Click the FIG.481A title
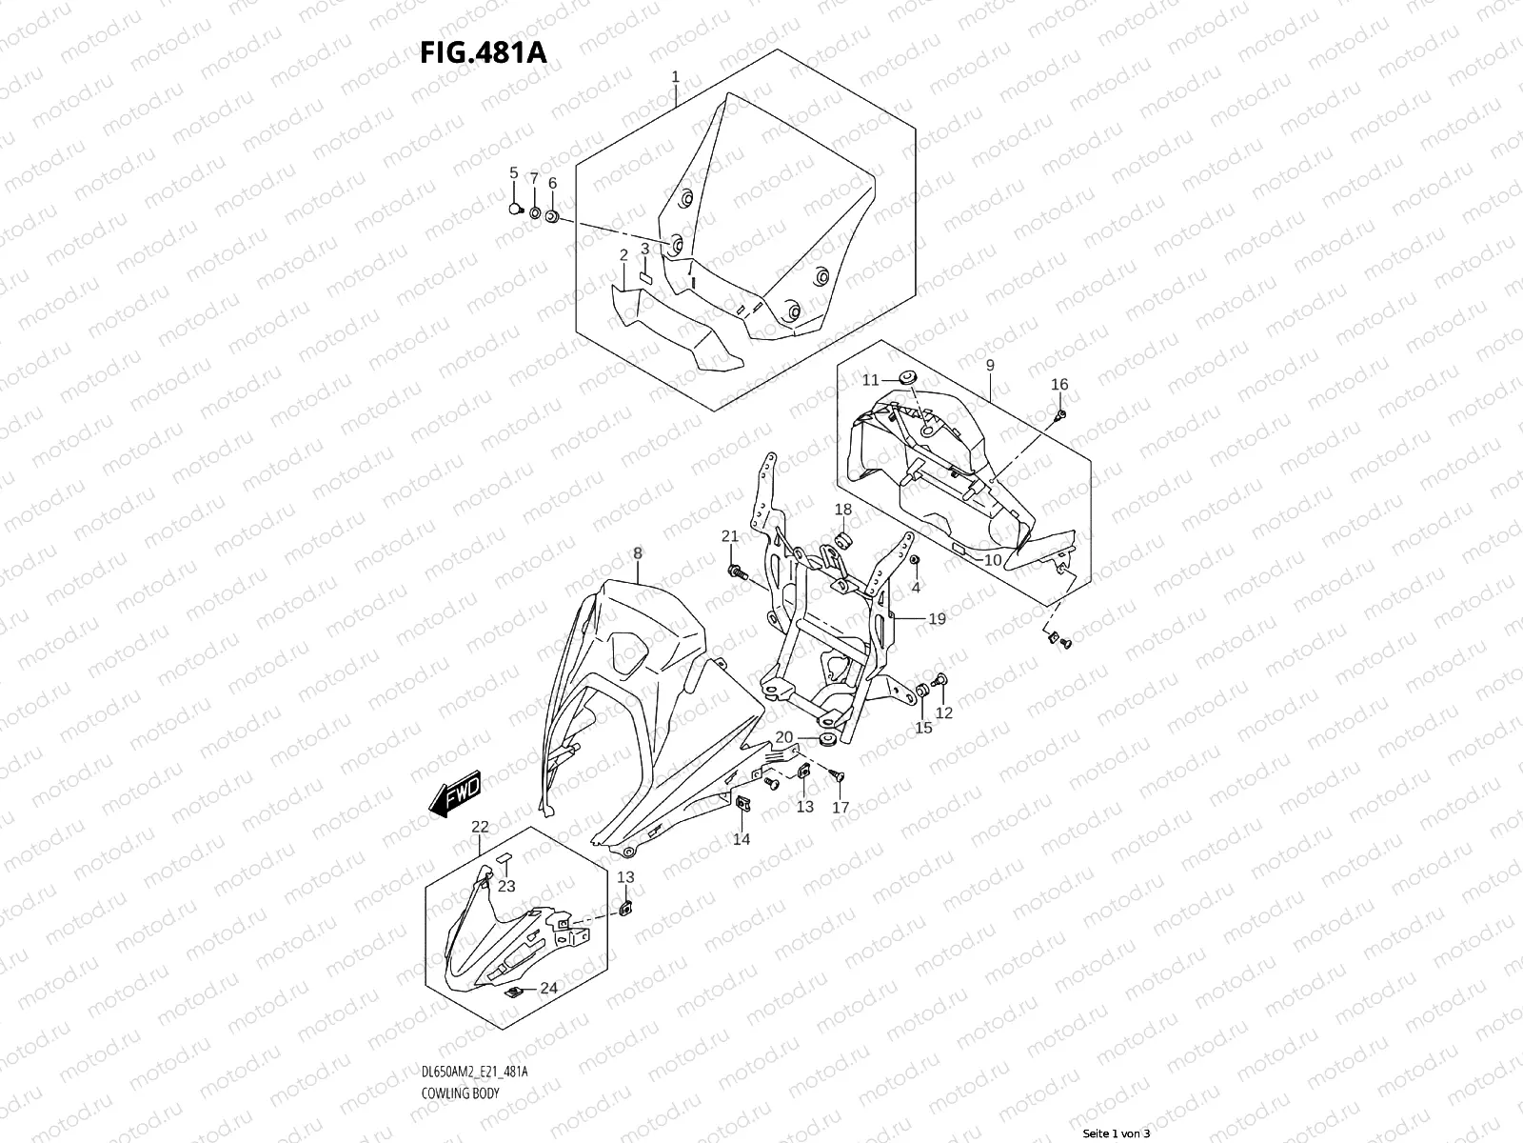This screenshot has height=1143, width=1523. click(x=484, y=51)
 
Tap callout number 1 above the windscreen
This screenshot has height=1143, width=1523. click(x=675, y=75)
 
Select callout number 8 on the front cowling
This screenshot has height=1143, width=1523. click(x=637, y=553)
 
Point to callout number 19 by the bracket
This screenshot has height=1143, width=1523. click(x=937, y=619)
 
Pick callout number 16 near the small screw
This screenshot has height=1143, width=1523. click(x=1059, y=385)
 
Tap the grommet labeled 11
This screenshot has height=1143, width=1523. click(x=906, y=377)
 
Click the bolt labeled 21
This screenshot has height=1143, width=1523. click(x=736, y=571)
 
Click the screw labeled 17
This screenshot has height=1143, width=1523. click(x=838, y=778)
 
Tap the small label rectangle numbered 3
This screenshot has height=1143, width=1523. click(x=643, y=278)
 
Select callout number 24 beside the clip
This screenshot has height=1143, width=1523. click(x=548, y=989)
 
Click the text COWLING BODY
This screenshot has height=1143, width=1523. click(x=459, y=1093)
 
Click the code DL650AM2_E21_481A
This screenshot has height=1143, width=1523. click(x=473, y=1073)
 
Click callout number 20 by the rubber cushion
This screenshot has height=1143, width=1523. click(x=783, y=736)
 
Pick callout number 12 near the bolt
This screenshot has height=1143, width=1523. click(x=943, y=712)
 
